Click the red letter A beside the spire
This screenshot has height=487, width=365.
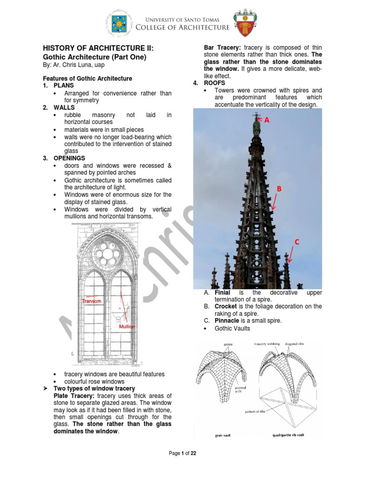pos(267,121)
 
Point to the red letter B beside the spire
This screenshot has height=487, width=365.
pos(279,189)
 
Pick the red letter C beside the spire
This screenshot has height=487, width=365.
pos(297,242)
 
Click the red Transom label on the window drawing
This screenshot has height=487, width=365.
pos(91,301)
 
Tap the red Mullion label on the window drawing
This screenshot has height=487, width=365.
pos(127,327)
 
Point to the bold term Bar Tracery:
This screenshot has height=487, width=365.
pos(222,48)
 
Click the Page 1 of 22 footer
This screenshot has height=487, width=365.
pos(182,453)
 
